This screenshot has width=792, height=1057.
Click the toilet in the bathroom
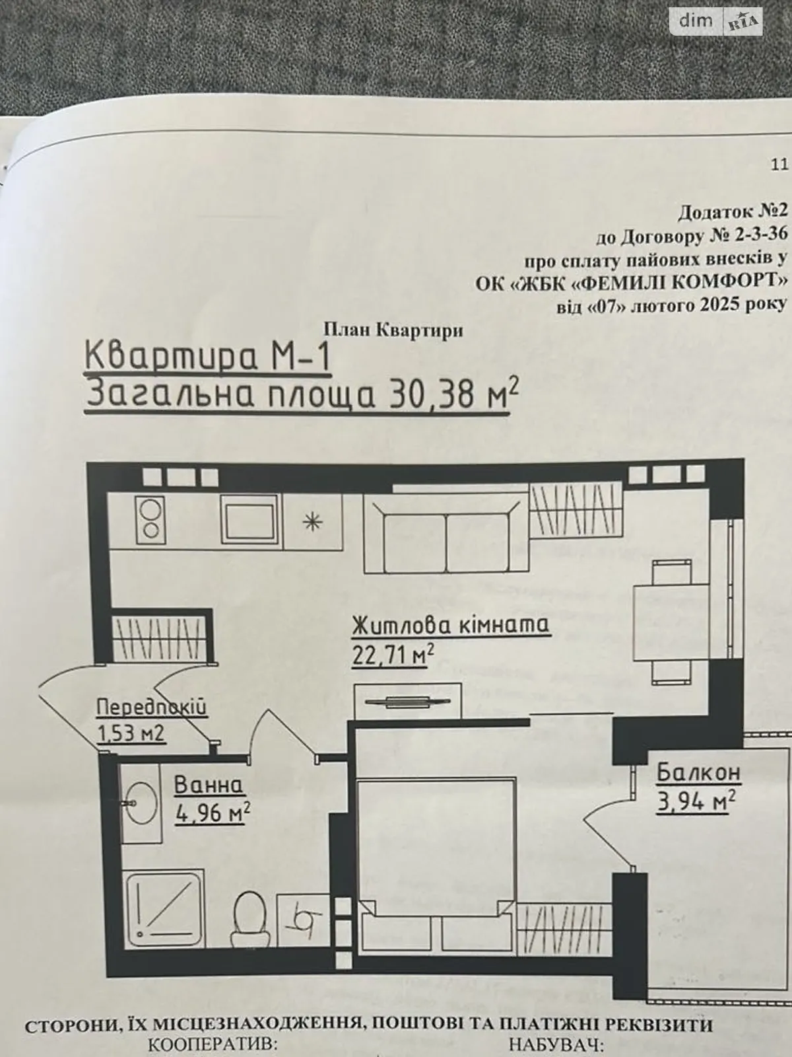[x=249, y=918]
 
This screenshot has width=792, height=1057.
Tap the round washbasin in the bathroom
[x=143, y=804]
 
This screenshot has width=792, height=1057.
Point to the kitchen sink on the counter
[x=249, y=521]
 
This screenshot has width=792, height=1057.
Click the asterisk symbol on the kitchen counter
[x=313, y=522]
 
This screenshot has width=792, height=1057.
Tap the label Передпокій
[x=152, y=708]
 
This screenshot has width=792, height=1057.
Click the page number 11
[x=779, y=164]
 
